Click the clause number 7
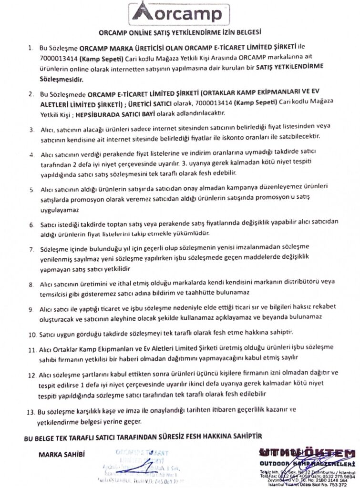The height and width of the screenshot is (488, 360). click(x=31, y=249)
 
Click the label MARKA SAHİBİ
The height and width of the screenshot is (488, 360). click(x=62, y=454)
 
